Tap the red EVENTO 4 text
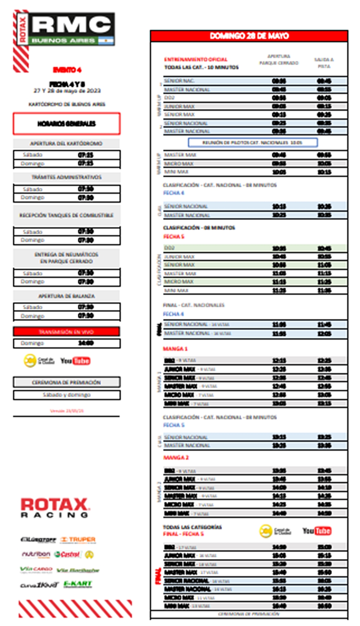(x=67, y=70)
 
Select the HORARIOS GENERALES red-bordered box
(x=67, y=124)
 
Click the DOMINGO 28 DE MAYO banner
(x=249, y=36)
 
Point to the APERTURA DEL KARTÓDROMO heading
(x=66, y=143)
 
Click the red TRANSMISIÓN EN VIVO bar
(x=67, y=332)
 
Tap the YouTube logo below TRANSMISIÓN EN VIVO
(x=75, y=361)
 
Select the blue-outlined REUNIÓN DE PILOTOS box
(x=252, y=143)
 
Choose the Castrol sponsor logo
(x=67, y=554)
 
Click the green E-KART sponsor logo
(x=78, y=584)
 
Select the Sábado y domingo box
(x=67, y=395)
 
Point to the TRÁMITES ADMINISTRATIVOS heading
(x=66, y=177)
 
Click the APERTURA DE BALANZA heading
(x=66, y=296)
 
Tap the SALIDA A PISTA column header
(x=324, y=63)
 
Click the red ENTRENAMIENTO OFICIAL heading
(x=196, y=59)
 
